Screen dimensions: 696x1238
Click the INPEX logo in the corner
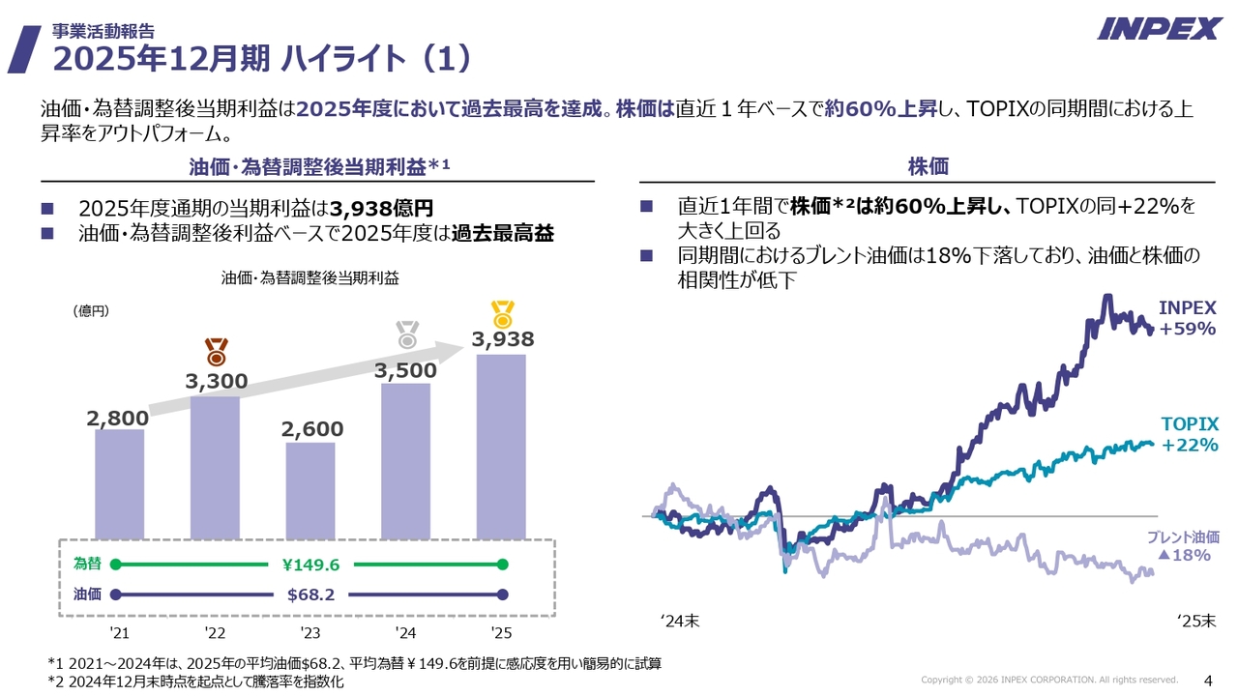point(1159,28)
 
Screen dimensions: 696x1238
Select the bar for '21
point(119,483)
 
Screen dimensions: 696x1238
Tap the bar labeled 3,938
point(501,446)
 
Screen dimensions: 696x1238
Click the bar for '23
point(310,490)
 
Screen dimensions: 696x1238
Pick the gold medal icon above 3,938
point(502,314)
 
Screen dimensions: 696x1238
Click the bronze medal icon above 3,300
point(216,351)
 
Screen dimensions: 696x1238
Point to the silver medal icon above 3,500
point(407,335)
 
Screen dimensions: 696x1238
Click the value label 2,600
point(311,428)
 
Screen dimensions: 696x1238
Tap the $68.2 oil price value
point(310,594)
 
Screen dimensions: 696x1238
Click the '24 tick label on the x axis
point(405,633)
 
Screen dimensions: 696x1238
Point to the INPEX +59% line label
point(1188,318)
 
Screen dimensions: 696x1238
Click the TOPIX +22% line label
point(1189,434)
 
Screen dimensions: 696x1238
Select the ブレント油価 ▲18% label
point(1183,546)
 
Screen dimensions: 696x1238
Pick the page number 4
point(1206,679)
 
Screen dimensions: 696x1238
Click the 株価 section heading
point(928,167)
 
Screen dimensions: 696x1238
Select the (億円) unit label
point(91,310)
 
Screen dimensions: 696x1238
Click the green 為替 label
point(87,564)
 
